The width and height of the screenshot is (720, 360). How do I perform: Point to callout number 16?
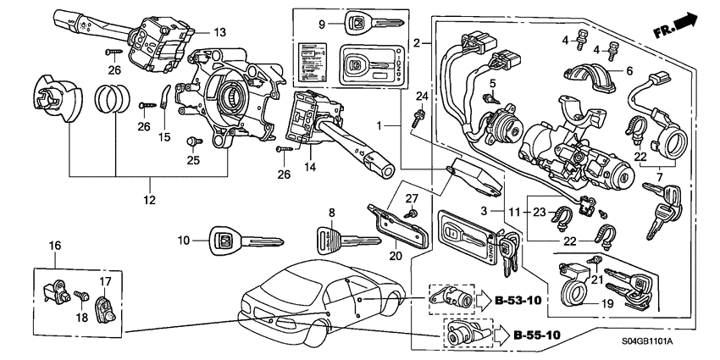(x=54, y=246)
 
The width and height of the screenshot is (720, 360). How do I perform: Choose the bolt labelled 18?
(x=80, y=296)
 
